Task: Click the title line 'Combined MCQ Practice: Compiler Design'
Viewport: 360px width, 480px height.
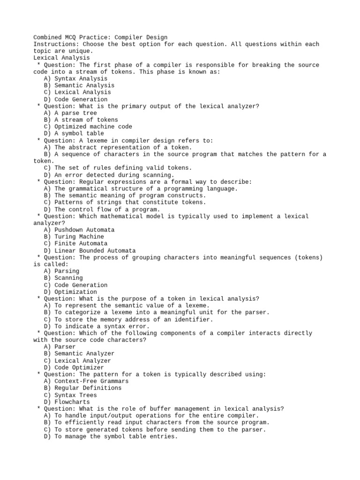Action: point(100,37)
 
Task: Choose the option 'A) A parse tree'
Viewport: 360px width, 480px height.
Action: point(70,113)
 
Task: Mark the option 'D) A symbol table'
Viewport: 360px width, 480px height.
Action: point(74,134)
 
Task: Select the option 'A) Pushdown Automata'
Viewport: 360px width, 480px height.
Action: point(79,230)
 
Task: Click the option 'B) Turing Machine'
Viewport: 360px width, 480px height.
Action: point(74,237)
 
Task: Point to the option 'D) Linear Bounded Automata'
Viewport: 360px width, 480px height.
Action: point(90,251)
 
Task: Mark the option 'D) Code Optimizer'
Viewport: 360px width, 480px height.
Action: point(74,367)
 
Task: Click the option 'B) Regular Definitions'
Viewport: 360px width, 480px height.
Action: point(82,388)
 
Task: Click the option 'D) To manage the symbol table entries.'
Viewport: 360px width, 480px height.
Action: point(111,436)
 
